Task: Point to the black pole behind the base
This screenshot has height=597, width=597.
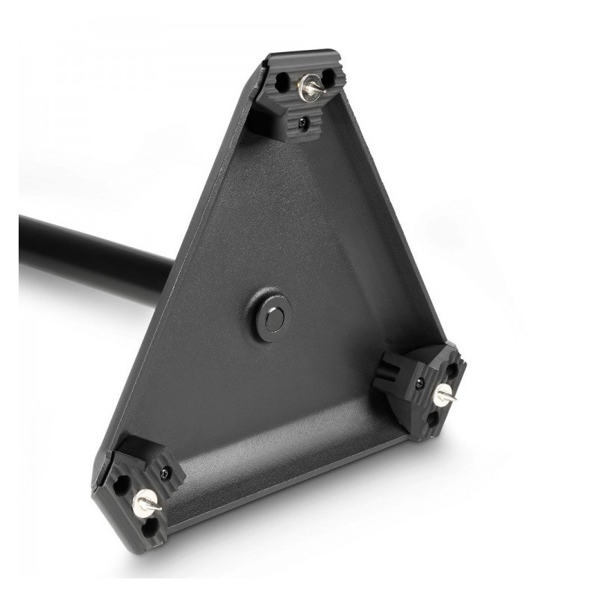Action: [90, 254]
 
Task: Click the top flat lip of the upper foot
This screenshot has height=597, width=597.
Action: [302, 57]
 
